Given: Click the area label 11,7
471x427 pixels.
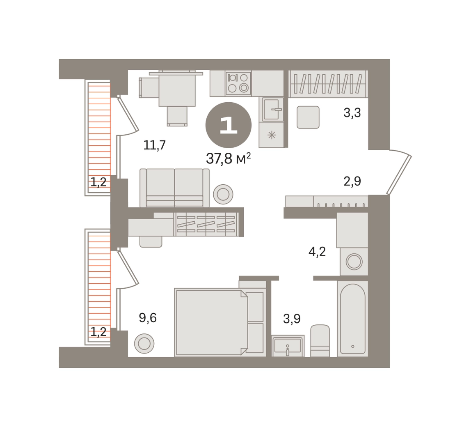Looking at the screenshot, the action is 154,145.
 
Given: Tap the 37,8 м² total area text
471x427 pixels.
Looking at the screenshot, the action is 228,158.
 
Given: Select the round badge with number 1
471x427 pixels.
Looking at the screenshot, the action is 228,125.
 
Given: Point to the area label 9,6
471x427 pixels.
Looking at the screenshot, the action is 148,318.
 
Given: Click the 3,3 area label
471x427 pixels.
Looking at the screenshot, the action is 352,113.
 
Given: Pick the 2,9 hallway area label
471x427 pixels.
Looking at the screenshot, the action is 352,181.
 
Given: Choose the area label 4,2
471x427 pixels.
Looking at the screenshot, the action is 317,251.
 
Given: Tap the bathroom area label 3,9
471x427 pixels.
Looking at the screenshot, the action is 292,319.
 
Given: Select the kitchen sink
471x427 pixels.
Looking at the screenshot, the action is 272,109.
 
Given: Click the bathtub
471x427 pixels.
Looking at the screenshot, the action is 353,319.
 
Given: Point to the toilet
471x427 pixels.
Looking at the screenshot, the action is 320,341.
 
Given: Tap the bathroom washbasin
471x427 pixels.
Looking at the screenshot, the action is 288,346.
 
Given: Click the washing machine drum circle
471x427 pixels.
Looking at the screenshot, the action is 354,261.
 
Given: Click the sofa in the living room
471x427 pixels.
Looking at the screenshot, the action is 174,188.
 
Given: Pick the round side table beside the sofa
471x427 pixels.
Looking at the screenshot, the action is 223,194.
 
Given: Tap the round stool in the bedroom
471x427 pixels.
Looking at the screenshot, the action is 144,343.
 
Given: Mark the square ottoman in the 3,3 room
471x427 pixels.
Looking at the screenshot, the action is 308,117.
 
